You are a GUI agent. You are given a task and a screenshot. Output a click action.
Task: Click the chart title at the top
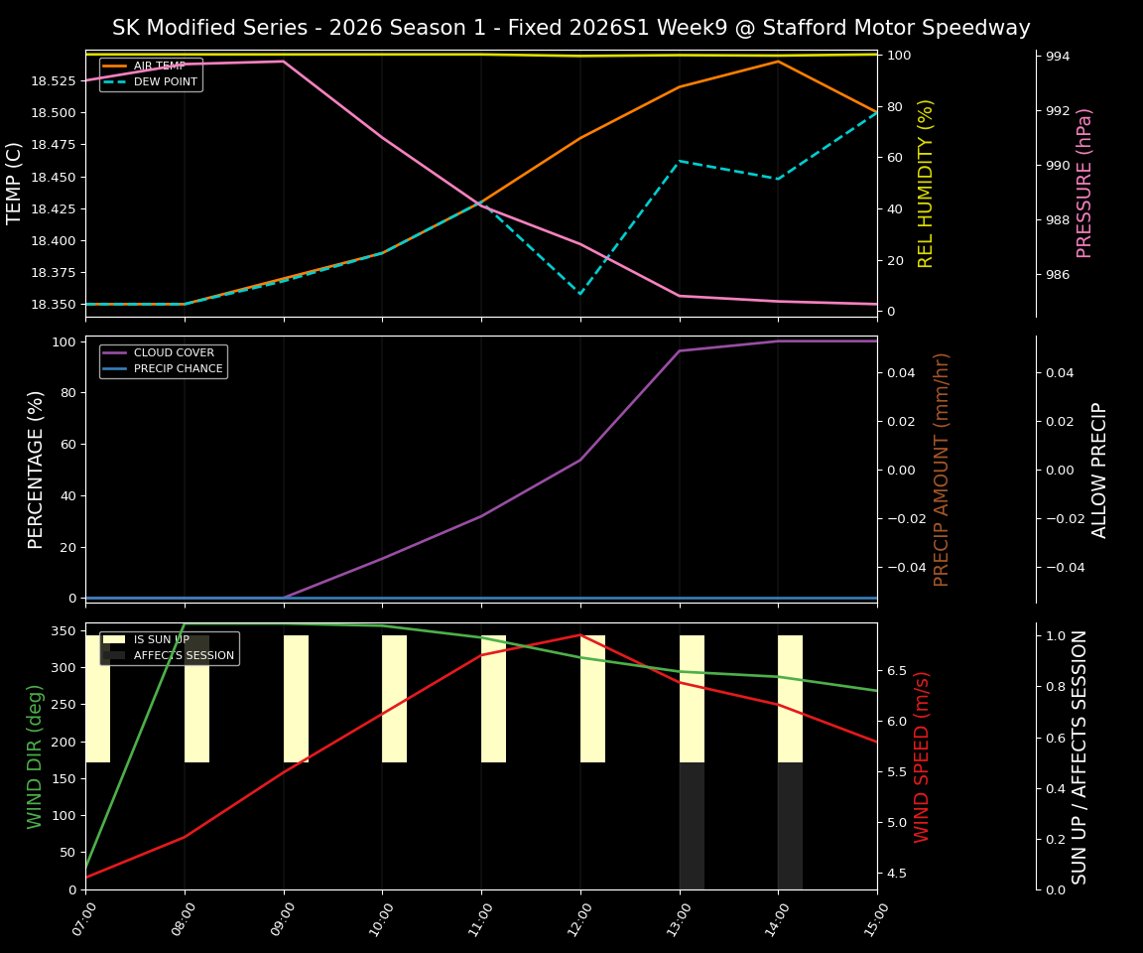point(571,28)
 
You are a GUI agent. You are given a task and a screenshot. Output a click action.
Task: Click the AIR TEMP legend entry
point(159,66)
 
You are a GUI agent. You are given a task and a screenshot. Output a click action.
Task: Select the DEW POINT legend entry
point(165,81)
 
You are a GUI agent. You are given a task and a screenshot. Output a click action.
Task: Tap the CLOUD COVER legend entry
point(174,352)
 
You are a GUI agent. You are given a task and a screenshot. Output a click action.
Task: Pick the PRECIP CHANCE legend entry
point(178,368)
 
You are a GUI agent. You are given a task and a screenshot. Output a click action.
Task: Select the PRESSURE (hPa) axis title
point(1084,183)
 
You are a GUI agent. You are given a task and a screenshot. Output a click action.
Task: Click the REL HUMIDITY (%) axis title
point(926,183)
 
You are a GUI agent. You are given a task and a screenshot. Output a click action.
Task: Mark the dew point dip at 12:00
point(580,294)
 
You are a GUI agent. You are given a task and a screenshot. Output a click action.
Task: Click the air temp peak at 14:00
point(778,62)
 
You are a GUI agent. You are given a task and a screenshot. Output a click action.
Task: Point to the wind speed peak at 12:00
point(580,634)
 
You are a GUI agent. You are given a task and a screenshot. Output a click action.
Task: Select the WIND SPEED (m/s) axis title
point(922,755)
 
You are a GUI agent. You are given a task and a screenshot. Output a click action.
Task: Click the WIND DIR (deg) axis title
point(36,755)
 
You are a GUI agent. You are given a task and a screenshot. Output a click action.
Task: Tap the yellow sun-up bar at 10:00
point(394,699)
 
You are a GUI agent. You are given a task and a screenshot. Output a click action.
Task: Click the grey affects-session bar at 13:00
point(692,825)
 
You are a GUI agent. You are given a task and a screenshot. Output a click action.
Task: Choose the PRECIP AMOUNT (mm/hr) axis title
point(942,469)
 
